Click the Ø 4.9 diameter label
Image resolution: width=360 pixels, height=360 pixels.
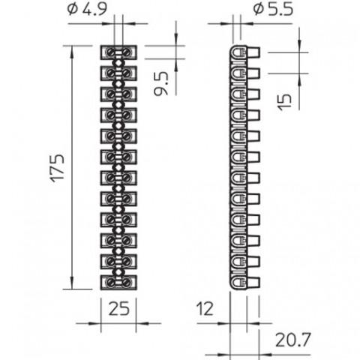click(x=87, y=10)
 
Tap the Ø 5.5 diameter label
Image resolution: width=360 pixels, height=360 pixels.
click(x=273, y=10)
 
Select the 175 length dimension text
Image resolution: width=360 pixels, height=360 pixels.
click(x=58, y=168)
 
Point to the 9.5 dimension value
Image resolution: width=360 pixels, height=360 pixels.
click(x=161, y=84)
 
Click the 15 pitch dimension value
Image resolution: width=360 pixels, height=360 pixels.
click(x=285, y=102)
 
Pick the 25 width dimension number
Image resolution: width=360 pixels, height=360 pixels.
click(x=119, y=308)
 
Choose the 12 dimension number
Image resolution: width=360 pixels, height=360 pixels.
click(x=205, y=308)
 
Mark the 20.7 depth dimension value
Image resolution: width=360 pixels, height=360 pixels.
click(x=292, y=340)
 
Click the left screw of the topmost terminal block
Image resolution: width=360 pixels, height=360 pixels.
click(x=111, y=52)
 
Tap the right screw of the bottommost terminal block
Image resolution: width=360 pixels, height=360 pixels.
click(x=127, y=283)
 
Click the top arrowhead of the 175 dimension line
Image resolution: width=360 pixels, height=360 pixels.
click(x=72, y=50)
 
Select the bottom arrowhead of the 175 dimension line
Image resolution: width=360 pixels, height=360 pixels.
click(x=72, y=283)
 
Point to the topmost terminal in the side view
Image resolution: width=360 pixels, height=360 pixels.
click(x=245, y=52)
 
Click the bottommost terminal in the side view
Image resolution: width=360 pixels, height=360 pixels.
click(x=245, y=283)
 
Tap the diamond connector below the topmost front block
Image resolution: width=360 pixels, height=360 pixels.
click(x=118, y=63)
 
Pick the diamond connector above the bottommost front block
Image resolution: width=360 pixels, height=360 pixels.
click(x=118, y=272)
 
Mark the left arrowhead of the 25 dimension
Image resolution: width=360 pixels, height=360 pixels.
click(x=96, y=323)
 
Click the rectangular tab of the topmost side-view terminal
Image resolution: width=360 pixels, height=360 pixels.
click(x=253, y=52)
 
